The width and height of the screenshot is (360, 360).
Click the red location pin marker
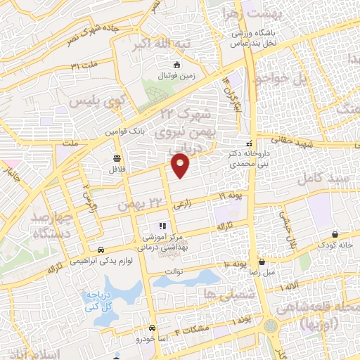pos(181,166)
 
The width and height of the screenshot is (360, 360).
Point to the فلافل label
pos(115,169)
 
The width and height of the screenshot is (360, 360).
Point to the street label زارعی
pos(181,205)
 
